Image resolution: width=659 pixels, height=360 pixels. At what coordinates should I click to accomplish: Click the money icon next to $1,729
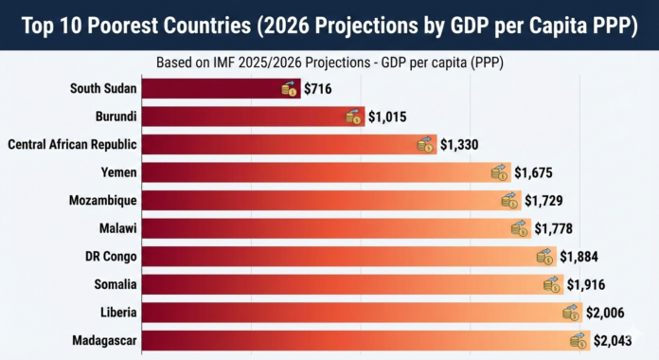point(510,201)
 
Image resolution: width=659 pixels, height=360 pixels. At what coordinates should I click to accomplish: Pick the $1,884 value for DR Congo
point(579,257)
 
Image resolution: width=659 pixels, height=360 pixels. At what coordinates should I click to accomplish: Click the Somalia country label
point(113,284)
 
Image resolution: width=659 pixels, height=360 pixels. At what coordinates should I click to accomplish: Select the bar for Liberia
point(350,313)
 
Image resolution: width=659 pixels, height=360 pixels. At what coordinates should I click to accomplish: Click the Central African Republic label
point(73,145)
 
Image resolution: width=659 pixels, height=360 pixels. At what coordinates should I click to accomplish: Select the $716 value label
point(318,89)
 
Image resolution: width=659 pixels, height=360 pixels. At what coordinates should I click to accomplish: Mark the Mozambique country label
point(103,201)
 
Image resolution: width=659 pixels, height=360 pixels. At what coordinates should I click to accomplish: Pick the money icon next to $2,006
point(570,313)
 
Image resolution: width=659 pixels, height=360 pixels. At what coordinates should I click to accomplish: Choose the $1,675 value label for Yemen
point(533,172)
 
